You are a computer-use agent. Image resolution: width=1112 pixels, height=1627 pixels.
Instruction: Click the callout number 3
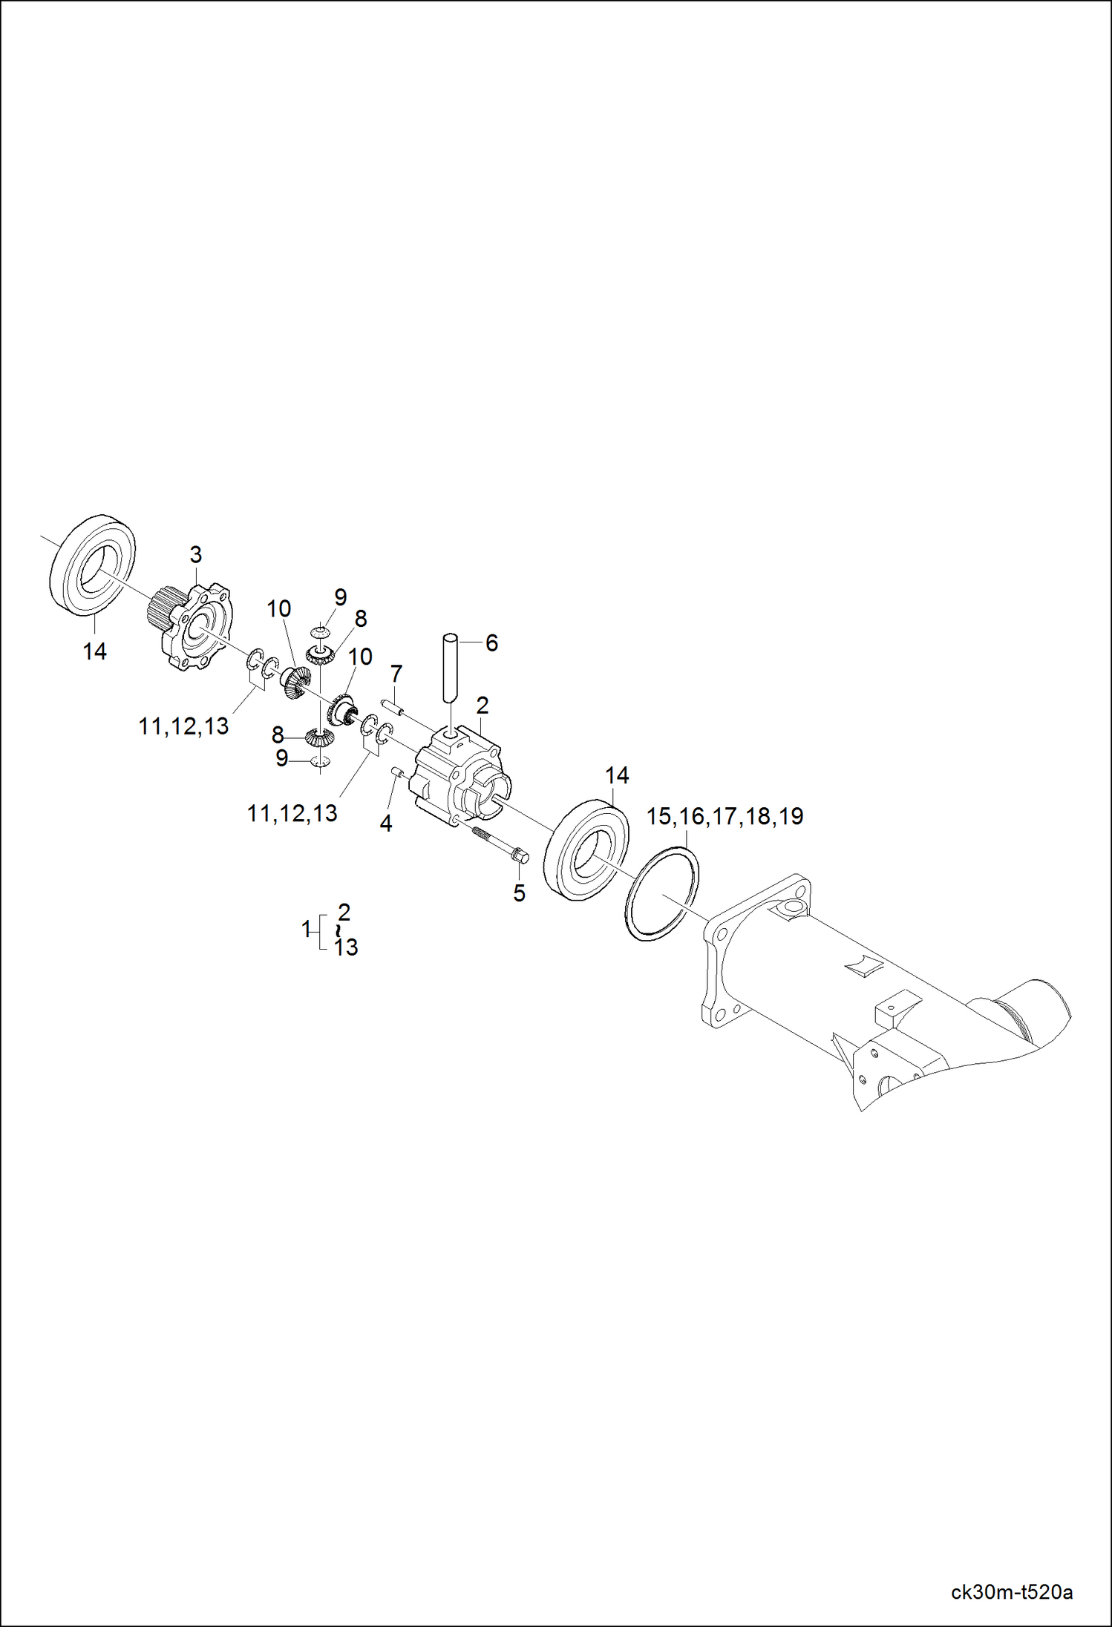(x=195, y=554)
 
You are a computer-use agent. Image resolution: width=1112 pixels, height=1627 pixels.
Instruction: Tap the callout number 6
(x=491, y=643)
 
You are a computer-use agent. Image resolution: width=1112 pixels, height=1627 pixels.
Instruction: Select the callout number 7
(x=396, y=674)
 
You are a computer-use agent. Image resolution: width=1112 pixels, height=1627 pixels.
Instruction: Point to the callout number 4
(x=386, y=823)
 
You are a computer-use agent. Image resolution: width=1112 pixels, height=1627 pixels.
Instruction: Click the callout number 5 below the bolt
(x=519, y=893)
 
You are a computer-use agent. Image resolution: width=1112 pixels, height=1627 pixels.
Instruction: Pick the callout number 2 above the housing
(x=483, y=705)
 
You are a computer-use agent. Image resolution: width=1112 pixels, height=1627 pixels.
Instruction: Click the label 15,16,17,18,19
(x=725, y=816)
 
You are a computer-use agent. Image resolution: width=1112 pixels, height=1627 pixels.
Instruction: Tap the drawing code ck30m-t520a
(x=1011, y=1592)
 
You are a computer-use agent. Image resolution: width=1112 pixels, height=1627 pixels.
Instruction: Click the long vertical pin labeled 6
(x=451, y=668)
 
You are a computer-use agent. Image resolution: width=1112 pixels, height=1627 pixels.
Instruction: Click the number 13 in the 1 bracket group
(x=345, y=947)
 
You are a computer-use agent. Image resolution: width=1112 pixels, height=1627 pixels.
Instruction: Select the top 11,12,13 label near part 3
(x=183, y=726)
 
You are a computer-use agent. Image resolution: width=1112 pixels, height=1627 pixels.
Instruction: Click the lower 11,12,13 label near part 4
(x=292, y=814)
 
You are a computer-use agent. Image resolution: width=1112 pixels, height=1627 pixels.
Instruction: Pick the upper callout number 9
(x=340, y=596)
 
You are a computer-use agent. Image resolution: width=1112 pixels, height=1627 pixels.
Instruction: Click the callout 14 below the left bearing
(x=94, y=651)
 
